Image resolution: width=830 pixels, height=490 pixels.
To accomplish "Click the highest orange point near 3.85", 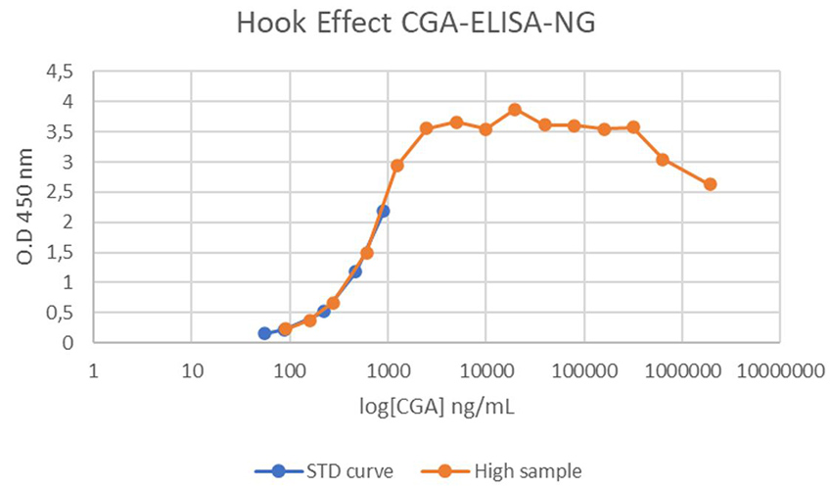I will [515, 110].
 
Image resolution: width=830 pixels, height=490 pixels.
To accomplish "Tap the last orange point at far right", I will [711, 184].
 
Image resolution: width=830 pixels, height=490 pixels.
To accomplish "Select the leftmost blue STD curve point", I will [264, 333].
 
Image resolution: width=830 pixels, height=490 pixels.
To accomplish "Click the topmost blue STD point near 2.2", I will [383, 211].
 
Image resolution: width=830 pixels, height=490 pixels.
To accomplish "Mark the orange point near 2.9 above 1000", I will [397, 166].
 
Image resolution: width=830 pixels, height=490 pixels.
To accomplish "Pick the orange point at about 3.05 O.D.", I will [663, 160].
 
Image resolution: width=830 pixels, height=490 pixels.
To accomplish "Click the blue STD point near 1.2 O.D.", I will [355, 271].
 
